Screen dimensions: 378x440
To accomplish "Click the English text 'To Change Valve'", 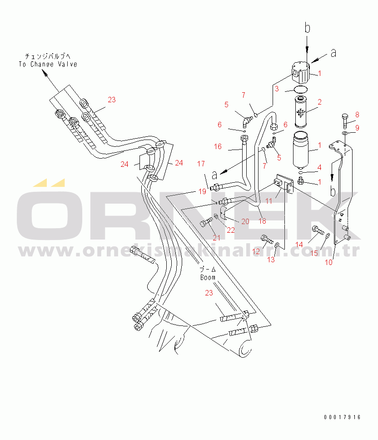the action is pyautogui.click(x=48, y=64).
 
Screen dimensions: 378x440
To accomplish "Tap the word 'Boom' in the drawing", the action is pyautogui.click(x=208, y=278).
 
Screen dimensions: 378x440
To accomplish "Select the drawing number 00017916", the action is pyautogui.click(x=342, y=417).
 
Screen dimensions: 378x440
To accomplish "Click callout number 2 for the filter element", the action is pyautogui.click(x=319, y=102).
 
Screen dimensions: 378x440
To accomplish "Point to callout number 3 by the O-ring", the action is pyautogui.click(x=277, y=89).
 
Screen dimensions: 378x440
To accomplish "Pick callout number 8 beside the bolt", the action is pyautogui.click(x=357, y=115).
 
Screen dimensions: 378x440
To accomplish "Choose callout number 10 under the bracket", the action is pyautogui.click(x=328, y=262).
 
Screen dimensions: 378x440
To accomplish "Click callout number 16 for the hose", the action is pyautogui.click(x=218, y=146).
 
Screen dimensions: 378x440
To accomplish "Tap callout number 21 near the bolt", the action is pyautogui.click(x=216, y=238).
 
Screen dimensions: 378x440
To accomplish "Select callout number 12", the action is pyautogui.click(x=256, y=251).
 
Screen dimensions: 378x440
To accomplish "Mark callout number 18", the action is pyautogui.click(x=262, y=221).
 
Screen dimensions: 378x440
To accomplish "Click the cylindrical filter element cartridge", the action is pyautogui.click(x=300, y=112).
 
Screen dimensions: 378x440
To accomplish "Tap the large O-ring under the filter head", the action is pyautogui.click(x=300, y=90).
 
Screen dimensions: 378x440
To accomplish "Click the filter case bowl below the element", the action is pyautogui.click(x=301, y=150).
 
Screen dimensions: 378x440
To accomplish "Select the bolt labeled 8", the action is pyautogui.click(x=345, y=121).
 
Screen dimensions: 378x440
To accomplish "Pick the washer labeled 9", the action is pyautogui.click(x=345, y=133).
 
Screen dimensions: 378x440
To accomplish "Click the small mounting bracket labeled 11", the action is pyautogui.click(x=284, y=184).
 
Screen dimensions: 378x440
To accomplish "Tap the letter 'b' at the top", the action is pyautogui.click(x=307, y=28).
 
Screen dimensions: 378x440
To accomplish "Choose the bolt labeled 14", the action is pyautogui.click(x=318, y=230).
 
